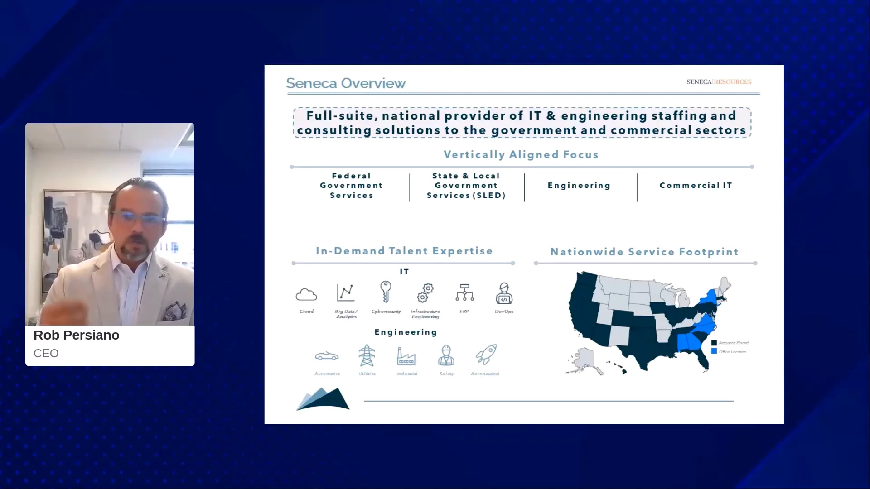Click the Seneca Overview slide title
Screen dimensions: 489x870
tap(346, 83)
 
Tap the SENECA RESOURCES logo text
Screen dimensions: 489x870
tap(719, 82)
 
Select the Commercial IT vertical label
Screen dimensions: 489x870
tap(696, 185)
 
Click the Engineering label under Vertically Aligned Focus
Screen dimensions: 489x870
tap(579, 185)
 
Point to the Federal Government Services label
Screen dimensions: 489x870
tap(351, 185)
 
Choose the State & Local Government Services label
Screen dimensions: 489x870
tap(466, 185)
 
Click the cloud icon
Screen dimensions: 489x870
tap(306, 295)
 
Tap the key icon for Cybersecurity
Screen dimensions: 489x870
tap(386, 292)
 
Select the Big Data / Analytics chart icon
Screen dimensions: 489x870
tap(346, 292)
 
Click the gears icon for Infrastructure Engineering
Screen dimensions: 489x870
tap(425, 293)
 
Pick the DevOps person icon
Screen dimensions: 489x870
tap(504, 293)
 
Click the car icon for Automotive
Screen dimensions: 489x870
tap(327, 356)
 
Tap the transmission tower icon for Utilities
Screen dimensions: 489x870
tap(367, 355)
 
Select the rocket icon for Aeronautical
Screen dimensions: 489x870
tap(486, 355)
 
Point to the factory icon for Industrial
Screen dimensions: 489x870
tap(406, 356)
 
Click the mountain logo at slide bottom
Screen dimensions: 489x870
tap(323, 399)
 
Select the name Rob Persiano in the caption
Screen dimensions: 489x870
tap(77, 335)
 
